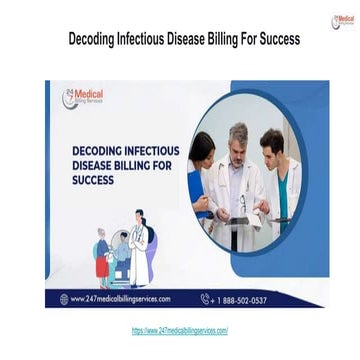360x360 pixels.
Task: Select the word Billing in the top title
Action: [213, 40]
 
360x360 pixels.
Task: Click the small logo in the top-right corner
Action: [342, 20]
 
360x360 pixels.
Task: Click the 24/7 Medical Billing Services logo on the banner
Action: [83, 97]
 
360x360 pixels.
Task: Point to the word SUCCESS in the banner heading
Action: [93, 181]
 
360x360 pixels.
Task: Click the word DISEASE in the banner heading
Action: [95, 166]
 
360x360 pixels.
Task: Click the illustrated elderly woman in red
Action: [101, 255]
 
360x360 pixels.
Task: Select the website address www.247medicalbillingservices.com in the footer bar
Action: [121, 299]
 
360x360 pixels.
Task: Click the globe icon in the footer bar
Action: [63, 299]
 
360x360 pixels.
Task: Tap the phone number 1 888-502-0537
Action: [241, 299]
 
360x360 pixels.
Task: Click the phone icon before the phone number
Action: [205, 299]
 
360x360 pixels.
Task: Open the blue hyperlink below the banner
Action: [180, 330]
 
